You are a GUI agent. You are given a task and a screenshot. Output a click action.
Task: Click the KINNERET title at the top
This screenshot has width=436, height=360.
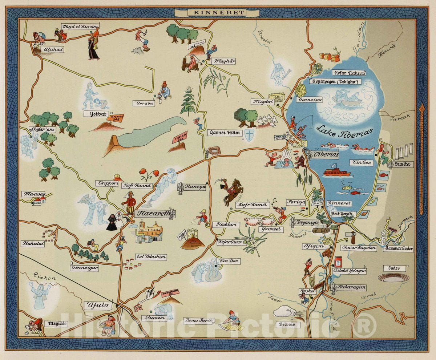[217, 12]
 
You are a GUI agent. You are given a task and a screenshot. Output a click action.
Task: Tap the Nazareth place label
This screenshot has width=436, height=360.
[153, 214]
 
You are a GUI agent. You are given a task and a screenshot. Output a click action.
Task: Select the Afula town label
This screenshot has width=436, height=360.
[98, 306]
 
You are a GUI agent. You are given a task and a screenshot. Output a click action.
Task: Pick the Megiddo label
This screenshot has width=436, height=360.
[56, 323]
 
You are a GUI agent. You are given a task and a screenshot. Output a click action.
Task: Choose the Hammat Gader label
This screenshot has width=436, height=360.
[398, 249]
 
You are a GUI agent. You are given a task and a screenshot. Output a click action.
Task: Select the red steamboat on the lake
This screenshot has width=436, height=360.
[336, 172]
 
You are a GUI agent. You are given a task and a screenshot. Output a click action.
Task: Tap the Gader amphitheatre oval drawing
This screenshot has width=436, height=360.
[393, 278]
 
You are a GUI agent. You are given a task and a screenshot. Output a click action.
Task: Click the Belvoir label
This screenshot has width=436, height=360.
[287, 324]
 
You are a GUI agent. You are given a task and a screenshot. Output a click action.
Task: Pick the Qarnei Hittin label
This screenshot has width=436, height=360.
[224, 133]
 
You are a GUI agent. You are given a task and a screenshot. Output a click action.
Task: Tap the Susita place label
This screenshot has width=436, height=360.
[403, 165]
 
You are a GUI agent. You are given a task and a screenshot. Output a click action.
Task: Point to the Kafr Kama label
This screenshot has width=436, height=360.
[253, 205]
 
